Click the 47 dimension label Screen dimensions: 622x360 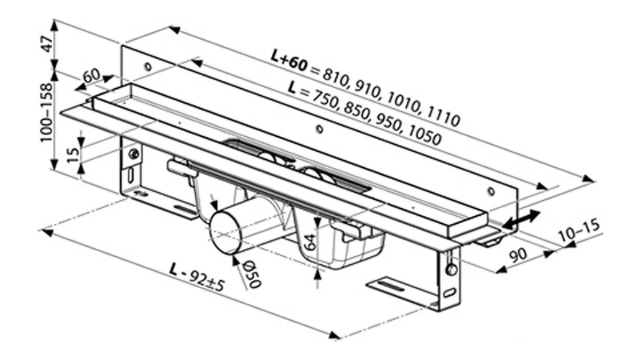coord(48,44)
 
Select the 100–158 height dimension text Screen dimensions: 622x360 coord(47,112)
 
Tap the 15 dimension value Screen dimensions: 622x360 coord(74,154)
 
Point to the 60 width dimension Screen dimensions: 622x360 coord(91,75)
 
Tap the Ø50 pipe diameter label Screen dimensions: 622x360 coord(252,274)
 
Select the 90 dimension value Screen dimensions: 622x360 coord(518,254)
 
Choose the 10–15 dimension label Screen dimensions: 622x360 coord(579,231)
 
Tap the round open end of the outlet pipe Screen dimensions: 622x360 coord(225,234)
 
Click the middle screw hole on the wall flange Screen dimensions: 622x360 coord(319,129)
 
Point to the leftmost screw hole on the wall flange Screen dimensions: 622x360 coord(147,67)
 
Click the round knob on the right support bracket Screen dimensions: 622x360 coord(452,270)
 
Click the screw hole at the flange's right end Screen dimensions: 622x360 coord(491,192)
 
